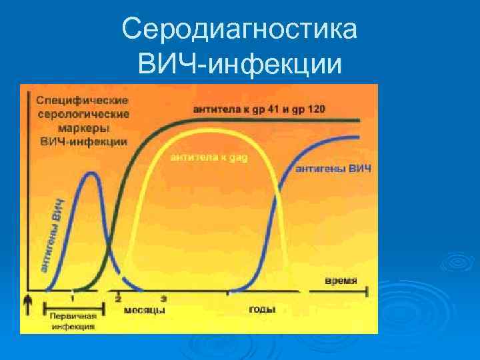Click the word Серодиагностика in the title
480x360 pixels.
click(x=240, y=30)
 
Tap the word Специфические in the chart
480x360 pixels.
click(x=82, y=101)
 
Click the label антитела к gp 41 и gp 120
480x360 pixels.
click(x=259, y=109)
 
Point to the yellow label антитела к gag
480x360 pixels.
click(x=209, y=158)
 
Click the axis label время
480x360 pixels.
click(x=341, y=280)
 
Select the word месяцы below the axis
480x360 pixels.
click(x=144, y=310)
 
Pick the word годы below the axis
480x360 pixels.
click(x=262, y=310)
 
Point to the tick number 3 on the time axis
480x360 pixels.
click(x=163, y=298)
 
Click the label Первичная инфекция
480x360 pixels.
click(x=75, y=321)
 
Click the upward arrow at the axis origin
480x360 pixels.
click(x=28, y=304)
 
